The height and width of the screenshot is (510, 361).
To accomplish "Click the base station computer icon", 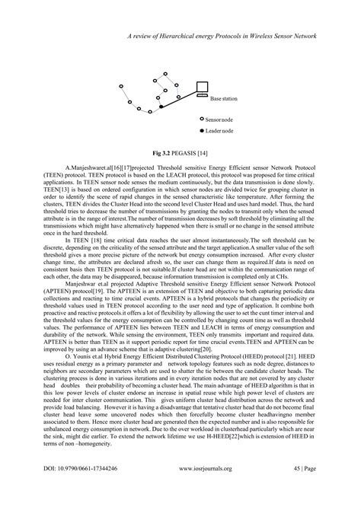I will pos(202,89).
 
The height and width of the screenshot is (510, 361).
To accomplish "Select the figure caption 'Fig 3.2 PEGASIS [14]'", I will pos(180,174).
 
